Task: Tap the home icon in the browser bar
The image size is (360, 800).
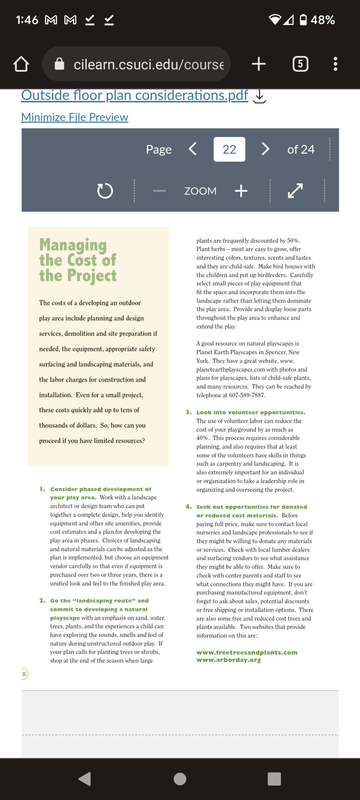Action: (x=21, y=64)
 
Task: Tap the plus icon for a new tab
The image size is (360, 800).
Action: (x=259, y=64)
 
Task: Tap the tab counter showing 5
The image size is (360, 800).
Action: (x=300, y=64)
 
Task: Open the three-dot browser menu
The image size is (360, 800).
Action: (x=335, y=64)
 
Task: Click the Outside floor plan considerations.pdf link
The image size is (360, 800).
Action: (x=135, y=95)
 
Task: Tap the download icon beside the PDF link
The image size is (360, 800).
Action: (x=259, y=97)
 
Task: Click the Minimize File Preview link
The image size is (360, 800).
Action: (x=75, y=117)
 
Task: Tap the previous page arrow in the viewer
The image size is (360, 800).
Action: (x=193, y=149)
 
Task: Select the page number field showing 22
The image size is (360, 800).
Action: (x=229, y=149)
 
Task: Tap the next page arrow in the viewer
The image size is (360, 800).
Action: (x=265, y=149)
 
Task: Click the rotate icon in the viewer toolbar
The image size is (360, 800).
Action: (x=105, y=191)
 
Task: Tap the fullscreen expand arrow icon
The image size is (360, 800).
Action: (x=295, y=191)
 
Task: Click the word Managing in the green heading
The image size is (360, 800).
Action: (x=73, y=245)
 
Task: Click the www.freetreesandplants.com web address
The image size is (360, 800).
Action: (x=247, y=652)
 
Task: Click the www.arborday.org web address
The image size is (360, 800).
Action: (x=229, y=660)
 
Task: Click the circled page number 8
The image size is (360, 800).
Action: (x=24, y=674)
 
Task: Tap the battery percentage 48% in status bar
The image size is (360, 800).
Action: (x=322, y=20)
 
